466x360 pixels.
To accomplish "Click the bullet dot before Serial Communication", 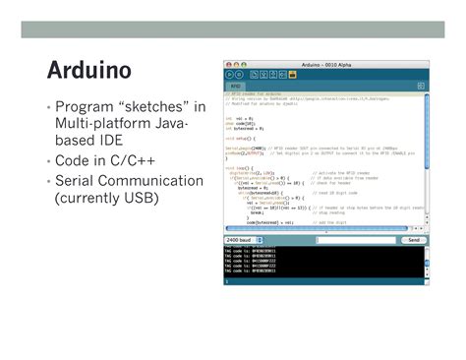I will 48,182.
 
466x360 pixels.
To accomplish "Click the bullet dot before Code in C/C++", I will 48,160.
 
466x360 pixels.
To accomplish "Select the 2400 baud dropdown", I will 244,240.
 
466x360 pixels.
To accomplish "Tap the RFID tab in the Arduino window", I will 236,86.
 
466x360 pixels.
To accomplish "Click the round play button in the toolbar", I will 229,74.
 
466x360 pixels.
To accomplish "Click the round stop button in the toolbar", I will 239,74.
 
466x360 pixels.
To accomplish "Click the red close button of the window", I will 227,64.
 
